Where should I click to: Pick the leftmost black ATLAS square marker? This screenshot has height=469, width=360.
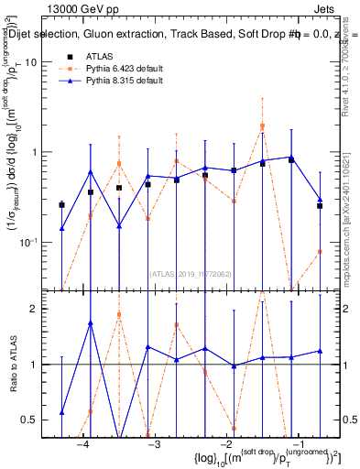[61, 204]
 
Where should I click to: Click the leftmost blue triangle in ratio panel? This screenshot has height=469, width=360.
[61, 412]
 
